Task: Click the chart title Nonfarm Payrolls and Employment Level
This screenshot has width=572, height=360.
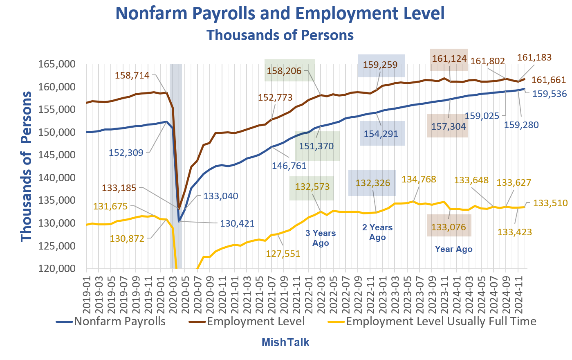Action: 280,13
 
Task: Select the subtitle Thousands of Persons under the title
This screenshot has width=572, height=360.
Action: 280,35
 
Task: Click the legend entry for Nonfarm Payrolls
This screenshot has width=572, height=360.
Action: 119,322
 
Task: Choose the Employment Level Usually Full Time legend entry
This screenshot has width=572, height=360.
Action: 441,322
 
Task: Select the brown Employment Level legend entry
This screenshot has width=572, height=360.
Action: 256,322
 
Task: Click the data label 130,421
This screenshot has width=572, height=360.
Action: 237,224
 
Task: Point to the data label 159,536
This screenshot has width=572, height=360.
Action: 550,94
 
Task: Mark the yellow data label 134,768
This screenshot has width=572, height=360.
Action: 419,180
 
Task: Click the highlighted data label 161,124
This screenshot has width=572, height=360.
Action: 449,59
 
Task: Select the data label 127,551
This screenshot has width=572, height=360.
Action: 283,254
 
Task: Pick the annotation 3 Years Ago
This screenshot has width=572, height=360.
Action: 321,238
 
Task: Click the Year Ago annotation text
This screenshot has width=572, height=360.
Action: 453,249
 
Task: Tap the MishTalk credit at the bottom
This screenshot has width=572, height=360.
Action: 285,342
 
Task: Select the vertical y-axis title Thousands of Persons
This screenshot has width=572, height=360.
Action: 27,166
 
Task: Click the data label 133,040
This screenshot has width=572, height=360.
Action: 221,196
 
